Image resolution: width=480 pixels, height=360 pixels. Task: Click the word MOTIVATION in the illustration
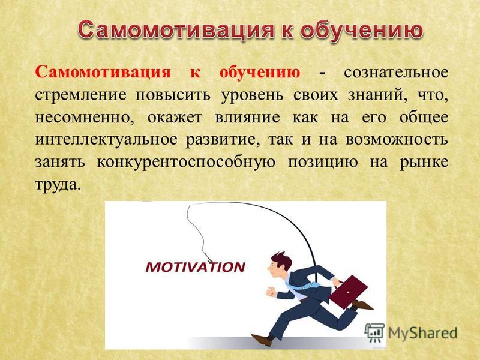(x=196, y=267)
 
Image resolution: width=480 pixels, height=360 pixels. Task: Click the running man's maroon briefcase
(x=348, y=291)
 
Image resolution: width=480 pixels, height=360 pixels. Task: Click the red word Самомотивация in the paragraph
(x=103, y=73)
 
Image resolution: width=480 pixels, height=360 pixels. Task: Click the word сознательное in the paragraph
(x=396, y=73)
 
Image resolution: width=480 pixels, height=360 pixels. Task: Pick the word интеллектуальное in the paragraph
(x=106, y=140)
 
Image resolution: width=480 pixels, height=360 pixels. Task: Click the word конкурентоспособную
(x=186, y=162)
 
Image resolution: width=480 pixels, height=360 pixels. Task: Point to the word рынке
(x=424, y=162)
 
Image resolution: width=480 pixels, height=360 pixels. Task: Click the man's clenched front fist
(x=271, y=292)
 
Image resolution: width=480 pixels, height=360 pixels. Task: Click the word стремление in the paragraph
(x=80, y=95)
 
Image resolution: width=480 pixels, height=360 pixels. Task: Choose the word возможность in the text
(x=397, y=140)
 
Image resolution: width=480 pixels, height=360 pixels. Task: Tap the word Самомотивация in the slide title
(x=175, y=30)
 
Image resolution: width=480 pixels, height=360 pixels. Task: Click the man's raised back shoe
(x=362, y=305)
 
